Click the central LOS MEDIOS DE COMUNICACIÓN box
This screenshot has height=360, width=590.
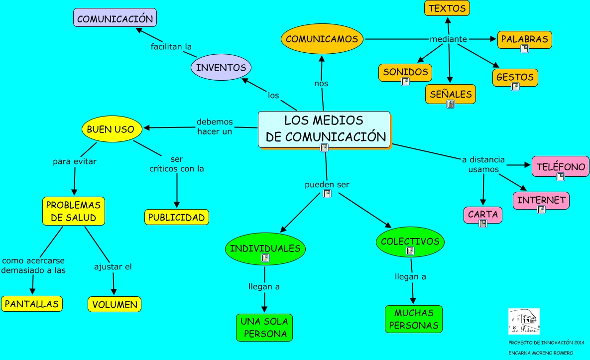pyautogui.click(x=324, y=129)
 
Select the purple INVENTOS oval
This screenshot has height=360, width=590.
pyautogui.click(x=221, y=67)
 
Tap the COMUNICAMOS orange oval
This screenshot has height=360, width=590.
pyautogui.click(x=322, y=39)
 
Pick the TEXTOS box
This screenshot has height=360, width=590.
pyautogui.click(x=447, y=8)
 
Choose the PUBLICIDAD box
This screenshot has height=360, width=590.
pyautogui.click(x=177, y=217)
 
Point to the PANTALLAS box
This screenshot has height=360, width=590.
pyautogui.click(x=32, y=304)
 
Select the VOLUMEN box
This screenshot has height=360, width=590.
pyautogui.click(x=115, y=304)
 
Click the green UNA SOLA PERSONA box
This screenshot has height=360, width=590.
pyautogui.click(x=264, y=327)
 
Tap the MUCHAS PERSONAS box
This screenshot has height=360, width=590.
pyautogui.click(x=414, y=319)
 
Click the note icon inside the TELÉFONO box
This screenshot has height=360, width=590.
pyautogui.click(x=561, y=176)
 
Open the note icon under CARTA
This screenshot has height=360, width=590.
pyautogui.click(x=482, y=224)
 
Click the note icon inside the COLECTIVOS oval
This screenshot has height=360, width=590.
pyautogui.click(x=410, y=251)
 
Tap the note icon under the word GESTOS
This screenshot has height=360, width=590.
pyautogui.click(x=515, y=86)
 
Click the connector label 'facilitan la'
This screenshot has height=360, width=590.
pyautogui.click(x=171, y=47)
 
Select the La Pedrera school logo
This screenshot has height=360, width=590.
pyautogui.click(x=524, y=322)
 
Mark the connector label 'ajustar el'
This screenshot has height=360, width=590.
pyautogui.click(x=113, y=267)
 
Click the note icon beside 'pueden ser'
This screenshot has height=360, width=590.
pyautogui.click(x=327, y=194)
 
